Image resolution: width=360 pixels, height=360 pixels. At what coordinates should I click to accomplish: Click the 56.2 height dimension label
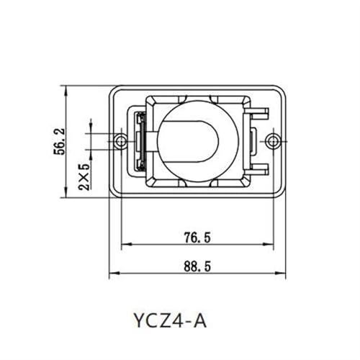(59, 142)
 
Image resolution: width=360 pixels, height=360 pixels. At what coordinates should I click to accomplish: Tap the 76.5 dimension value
(197, 238)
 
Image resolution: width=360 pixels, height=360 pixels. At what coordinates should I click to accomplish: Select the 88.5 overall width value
(197, 266)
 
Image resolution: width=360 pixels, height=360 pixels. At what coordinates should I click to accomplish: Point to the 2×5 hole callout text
(84, 176)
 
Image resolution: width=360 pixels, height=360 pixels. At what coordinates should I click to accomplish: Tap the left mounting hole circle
(120, 142)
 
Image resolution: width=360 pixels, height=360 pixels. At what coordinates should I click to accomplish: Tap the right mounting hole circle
(273, 142)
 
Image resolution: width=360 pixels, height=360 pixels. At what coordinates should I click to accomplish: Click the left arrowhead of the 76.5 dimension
(127, 244)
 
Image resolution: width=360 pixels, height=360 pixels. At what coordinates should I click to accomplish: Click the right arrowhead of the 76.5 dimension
(269, 244)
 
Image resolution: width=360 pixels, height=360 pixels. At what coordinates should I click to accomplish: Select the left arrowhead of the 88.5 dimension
(114, 273)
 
